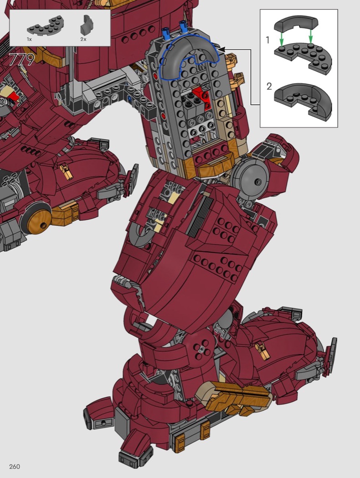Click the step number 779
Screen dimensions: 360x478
(x=22, y=60)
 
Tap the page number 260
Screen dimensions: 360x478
(x=15, y=467)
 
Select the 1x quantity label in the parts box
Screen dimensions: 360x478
(x=29, y=39)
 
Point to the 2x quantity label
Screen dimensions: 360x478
(x=83, y=39)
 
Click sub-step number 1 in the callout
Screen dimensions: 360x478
(x=267, y=40)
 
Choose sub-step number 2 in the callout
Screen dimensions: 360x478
(x=269, y=86)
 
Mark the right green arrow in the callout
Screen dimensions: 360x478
(x=310, y=36)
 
